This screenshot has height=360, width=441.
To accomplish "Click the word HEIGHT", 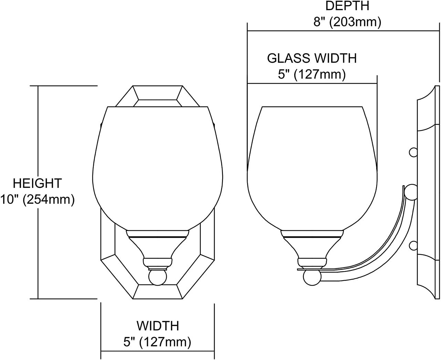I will (37, 183).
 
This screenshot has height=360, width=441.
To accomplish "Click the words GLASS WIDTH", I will (312, 58).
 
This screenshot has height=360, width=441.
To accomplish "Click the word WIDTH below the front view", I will (158, 325).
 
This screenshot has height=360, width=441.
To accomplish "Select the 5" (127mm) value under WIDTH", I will (158, 342).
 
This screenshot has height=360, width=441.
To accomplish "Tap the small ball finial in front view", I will (157, 277).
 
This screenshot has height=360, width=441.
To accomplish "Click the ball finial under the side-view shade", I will (312, 277).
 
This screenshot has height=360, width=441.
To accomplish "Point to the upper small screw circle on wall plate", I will (413, 152).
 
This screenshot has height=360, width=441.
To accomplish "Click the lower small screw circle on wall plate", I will (413, 245).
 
